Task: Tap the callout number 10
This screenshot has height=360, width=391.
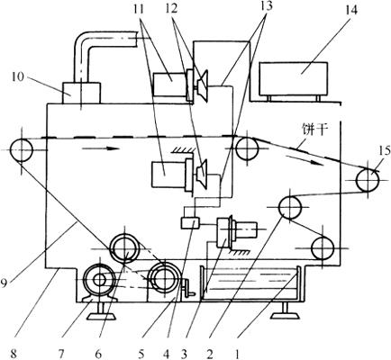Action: pos(18,76)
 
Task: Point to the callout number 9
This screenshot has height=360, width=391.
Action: pos(3,283)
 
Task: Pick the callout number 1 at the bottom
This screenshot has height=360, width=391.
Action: pos(237,354)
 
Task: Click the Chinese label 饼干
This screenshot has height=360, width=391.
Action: pos(314,130)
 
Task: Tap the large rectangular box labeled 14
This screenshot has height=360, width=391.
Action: pos(294,79)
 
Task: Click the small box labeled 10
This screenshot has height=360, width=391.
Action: pos(81,93)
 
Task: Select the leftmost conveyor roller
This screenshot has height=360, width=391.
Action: pos(21,150)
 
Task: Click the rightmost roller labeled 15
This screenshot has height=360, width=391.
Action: pos(367,180)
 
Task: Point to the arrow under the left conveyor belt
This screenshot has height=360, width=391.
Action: pos(100,148)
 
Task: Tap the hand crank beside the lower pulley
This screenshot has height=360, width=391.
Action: pos(188,287)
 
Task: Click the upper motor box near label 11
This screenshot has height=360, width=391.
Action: pos(169,85)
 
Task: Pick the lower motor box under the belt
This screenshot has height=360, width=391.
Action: pos(168,174)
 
